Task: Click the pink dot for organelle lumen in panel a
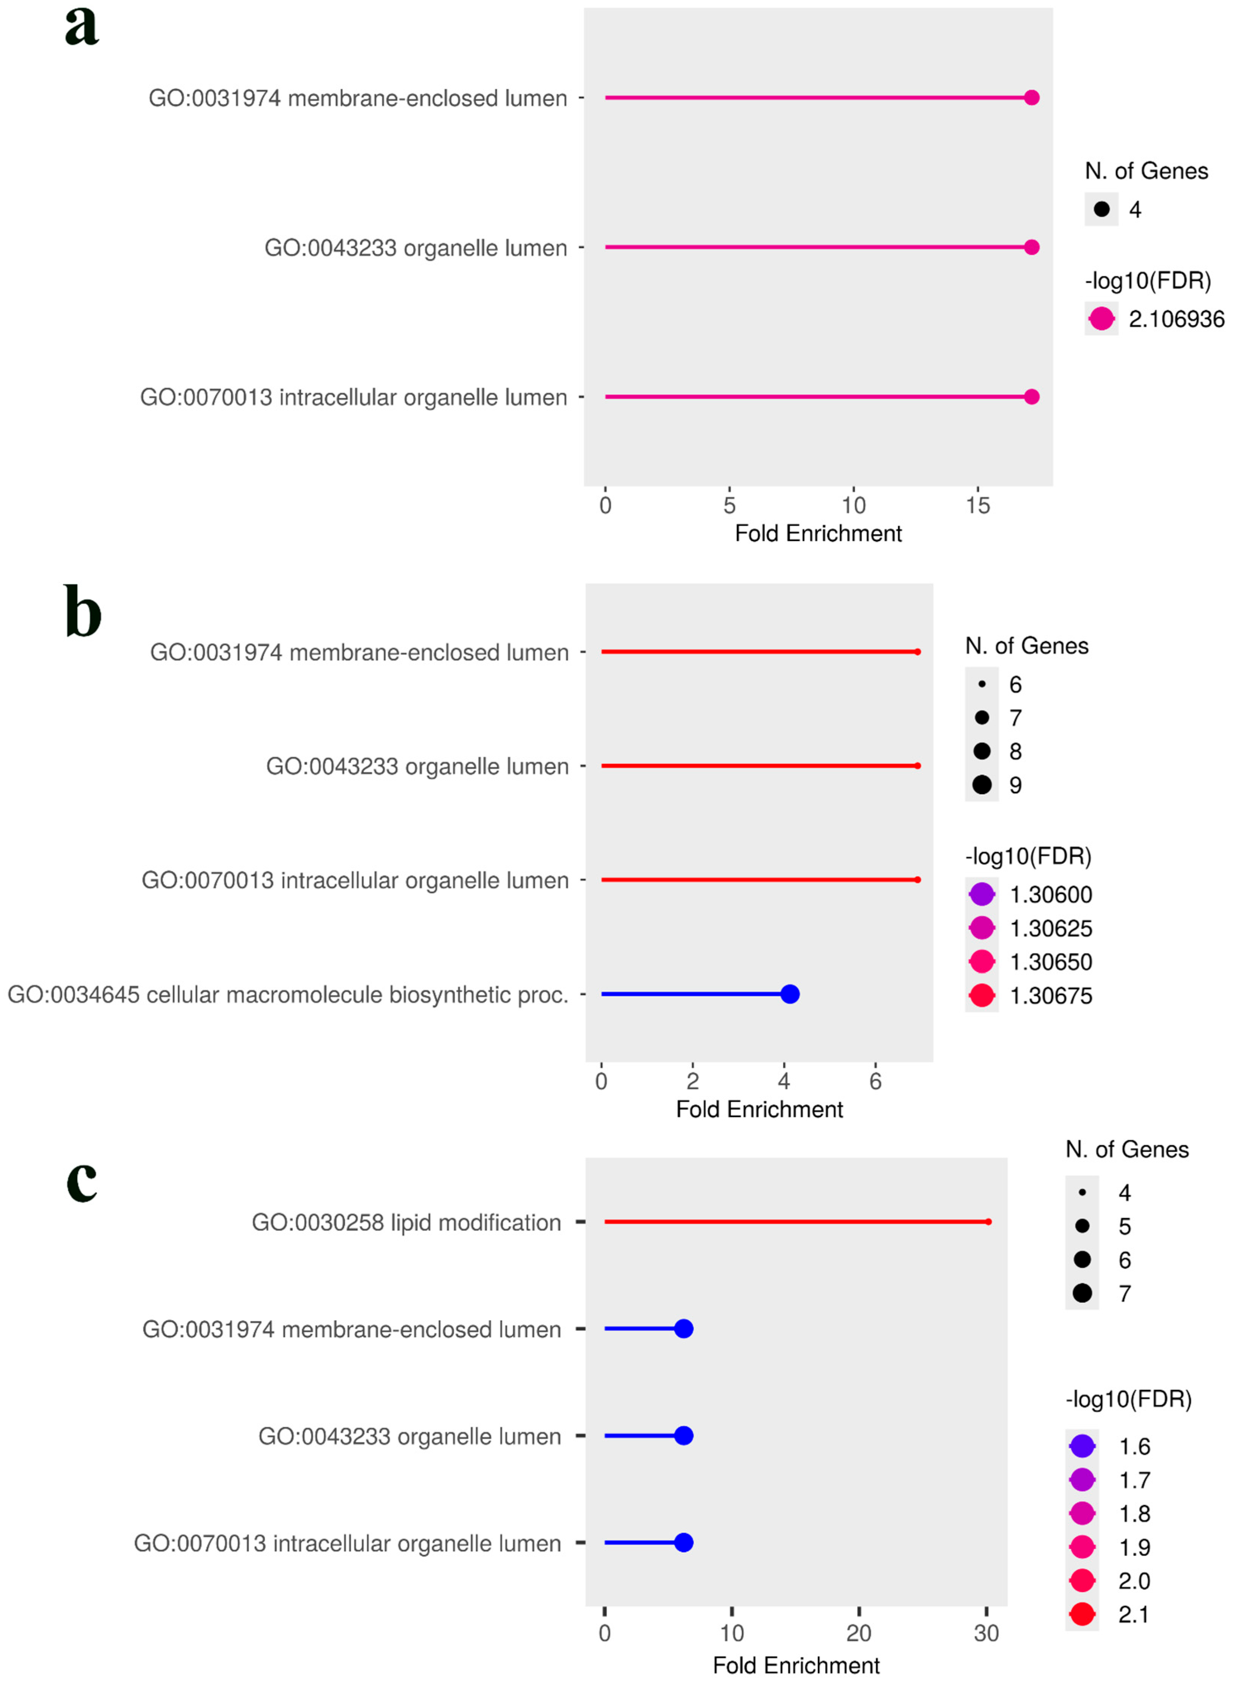click(x=1031, y=247)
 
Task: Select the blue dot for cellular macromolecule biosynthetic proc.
click(x=789, y=994)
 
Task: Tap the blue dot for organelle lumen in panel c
click(x=684, y=1436)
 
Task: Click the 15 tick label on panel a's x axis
click(x=978, y=506)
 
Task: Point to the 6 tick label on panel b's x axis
click(x=875, y=1082)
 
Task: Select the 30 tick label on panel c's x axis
click(x=986, y=1633)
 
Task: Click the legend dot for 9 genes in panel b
click(x=982, y=785)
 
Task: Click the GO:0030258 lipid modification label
click(x=406, y=1223)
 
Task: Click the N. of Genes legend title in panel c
click(x=1127, y=1150)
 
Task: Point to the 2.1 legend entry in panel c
click(x=1133, y=1615)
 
